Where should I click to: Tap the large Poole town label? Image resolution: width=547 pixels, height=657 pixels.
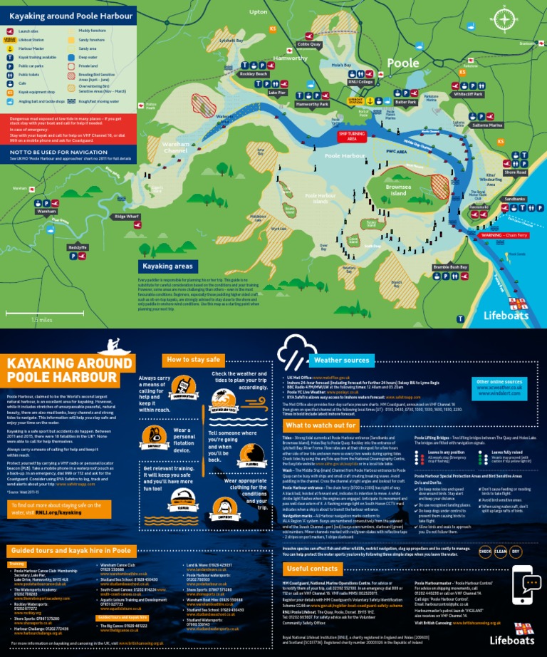(402, 63)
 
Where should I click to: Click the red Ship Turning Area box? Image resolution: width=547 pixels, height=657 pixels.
(353, 135)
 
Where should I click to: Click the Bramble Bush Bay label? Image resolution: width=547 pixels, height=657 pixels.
(449, 267)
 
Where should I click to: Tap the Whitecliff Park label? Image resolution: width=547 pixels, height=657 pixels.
(468, 94)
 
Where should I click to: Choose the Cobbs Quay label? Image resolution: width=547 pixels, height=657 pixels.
(309, 44)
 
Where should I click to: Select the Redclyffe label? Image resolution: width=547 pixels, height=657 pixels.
(78, 247)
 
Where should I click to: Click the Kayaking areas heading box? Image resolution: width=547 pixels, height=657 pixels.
(167, 266)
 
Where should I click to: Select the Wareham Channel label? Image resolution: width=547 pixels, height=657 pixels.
(175, 148)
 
